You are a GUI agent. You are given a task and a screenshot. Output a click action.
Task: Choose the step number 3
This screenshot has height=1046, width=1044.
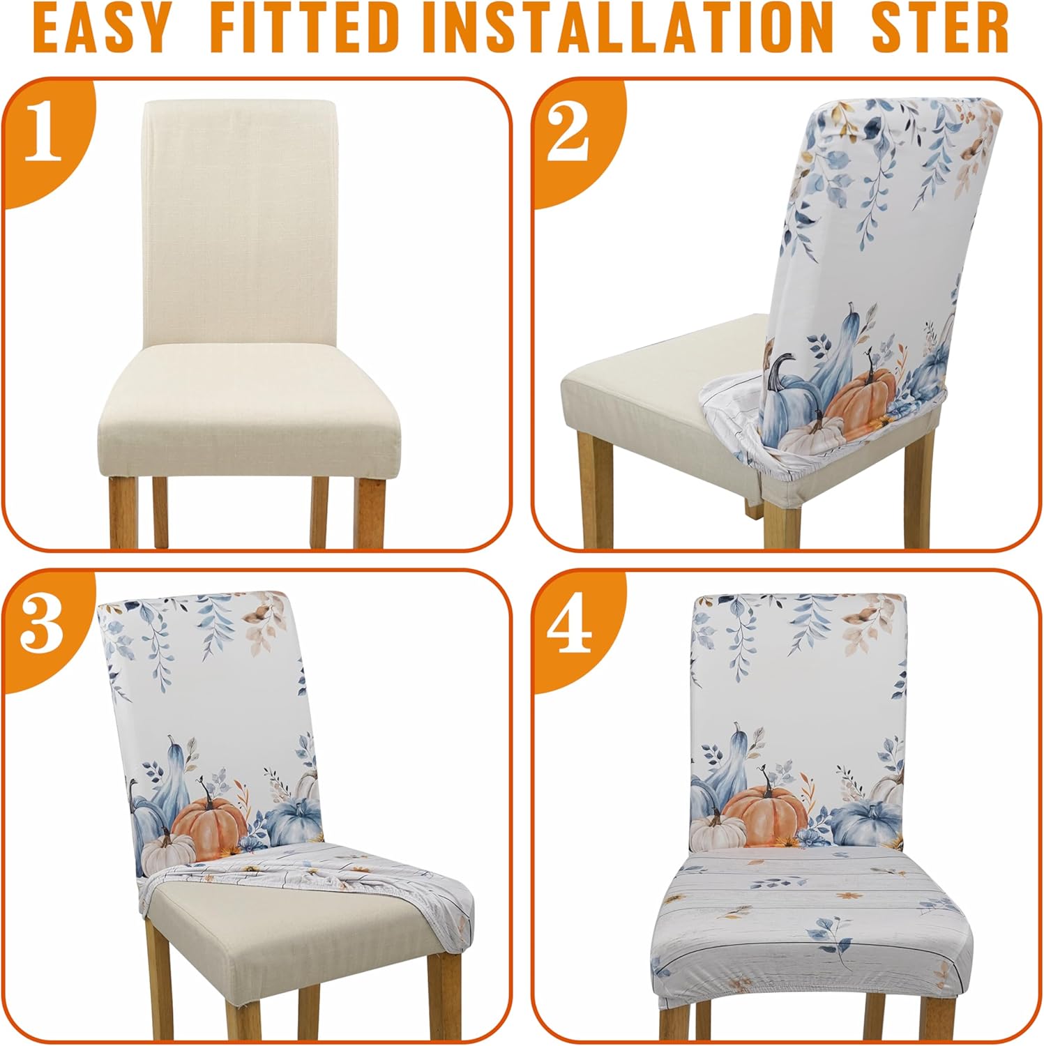(43, 626)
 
